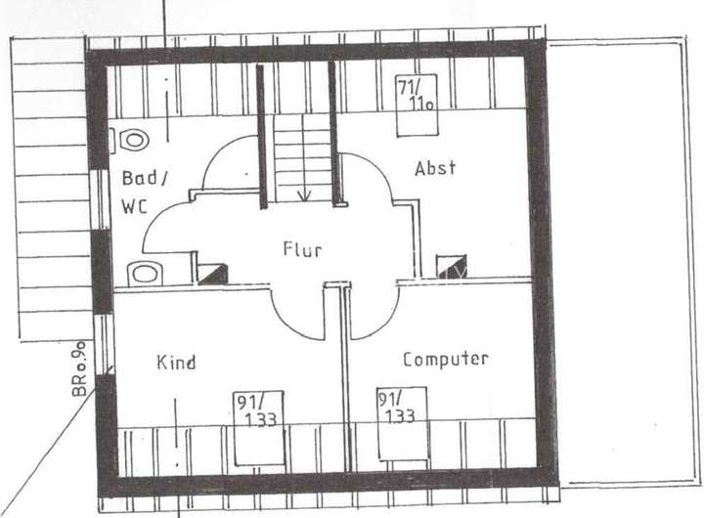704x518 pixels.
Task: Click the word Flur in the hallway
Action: pyautogui.click(x=301, y=250)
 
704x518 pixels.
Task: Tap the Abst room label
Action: pyautogui.click(x=435, y=168)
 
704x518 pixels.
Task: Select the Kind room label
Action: pyautogui.click(x=176, y=363)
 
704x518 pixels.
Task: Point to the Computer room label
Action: pyautogui.click(x=445, y=360)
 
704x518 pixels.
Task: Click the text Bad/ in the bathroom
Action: pyautogui.click(x=145, y=179)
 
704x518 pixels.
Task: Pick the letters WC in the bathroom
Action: pyautogui.click(x=135, y=206)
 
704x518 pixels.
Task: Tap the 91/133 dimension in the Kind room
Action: pyautogui.click(x=256, y=410)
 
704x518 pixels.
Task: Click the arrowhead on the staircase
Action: pyautogui.click(x=304, y=194)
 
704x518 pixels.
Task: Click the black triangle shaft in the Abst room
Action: pyautogui.click(x=451, y=269)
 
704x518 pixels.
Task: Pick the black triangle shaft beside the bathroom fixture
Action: pyautogui.click(x=212, y=273)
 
